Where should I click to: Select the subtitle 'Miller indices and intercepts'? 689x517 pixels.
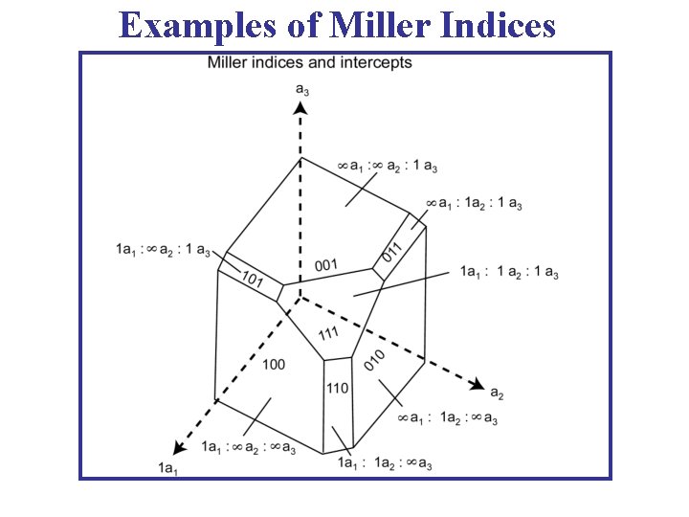click(310, 63)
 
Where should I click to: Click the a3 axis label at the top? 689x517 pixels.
click(301, 89)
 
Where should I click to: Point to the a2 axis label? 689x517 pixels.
click(497, 393)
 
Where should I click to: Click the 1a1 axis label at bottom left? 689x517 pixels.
click(168, 467)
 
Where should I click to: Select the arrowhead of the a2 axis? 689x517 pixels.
click(476, 384)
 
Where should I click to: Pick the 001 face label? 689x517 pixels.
click(326, 264)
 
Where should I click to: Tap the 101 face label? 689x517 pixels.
click(253, 280)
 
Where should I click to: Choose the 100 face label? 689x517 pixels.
click(273, 365)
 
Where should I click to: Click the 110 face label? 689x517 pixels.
click(337, 388)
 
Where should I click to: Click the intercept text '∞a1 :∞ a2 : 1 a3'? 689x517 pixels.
click(388, 167)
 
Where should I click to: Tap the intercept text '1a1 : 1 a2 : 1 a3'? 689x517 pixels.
click(509, 274)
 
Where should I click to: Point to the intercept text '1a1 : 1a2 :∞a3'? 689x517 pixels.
click(385, 464)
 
